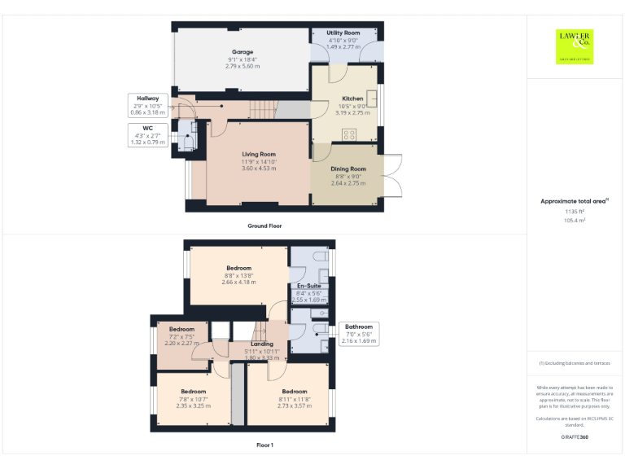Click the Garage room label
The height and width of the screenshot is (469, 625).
242,52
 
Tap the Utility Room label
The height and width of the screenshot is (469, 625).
343,33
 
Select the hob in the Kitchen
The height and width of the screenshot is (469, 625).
350,134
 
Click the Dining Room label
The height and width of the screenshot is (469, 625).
347,169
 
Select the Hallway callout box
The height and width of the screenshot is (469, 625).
146,105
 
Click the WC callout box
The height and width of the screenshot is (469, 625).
146,135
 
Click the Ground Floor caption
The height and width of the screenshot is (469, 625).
264,226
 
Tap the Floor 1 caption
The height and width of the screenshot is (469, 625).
264,445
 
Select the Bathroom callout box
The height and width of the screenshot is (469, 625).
358,333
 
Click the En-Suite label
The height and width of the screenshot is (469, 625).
307,287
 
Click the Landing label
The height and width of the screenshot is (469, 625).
262,344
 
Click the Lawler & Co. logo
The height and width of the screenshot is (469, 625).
575,46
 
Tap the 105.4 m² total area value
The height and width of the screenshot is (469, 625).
575,220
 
